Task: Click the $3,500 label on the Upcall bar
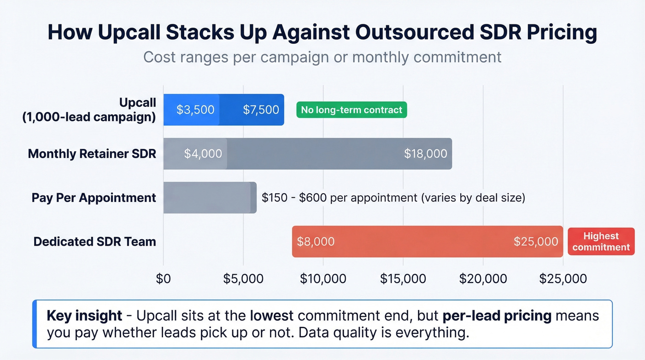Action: pos(195,110)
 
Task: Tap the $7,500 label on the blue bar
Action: pos(261,110)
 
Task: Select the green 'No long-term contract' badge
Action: pos(352,110)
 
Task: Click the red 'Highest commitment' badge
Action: pos(601,242)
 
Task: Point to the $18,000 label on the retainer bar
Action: pos(425,153)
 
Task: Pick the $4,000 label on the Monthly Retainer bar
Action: pos(203,153)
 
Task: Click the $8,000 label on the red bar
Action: pos(316,242)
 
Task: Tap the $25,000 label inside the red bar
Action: pos(536,242)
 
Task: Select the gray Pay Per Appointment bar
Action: pos(210,198)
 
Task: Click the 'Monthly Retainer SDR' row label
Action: pos(92,153)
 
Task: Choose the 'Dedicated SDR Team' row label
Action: pos(94,242)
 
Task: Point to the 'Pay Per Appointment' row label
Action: pos(94,198)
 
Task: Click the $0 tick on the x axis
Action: pos(164,278)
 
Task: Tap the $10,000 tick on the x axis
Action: pos(323,278)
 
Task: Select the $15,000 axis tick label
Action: pos(403,278)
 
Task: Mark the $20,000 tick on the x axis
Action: pos(483,278)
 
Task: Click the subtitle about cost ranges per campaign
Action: pos(322,57)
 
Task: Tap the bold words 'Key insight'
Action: pos(84,316)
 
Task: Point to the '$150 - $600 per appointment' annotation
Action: pos(393,198)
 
